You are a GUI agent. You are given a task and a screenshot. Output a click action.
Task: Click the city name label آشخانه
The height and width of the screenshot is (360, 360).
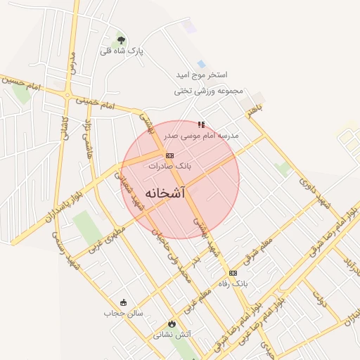point(165,193)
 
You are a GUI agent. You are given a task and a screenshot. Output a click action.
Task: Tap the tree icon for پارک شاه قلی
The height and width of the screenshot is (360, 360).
point(122,40)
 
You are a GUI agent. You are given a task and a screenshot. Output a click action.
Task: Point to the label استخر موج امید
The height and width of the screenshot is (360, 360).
point(203,75)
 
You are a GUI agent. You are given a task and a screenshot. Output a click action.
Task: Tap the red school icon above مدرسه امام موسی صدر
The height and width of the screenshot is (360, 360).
point(202,124)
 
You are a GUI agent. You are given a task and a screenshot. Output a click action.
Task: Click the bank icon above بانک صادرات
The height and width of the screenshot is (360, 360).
point(169,155)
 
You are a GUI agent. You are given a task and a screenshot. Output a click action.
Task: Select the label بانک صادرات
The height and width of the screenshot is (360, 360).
point(169,166)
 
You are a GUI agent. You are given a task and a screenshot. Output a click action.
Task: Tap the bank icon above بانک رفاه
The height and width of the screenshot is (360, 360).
point(233,273)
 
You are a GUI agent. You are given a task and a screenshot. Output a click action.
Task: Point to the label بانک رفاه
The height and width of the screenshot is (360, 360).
point(233,283)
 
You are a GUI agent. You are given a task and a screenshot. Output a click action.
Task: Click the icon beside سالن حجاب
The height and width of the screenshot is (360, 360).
point(124,302)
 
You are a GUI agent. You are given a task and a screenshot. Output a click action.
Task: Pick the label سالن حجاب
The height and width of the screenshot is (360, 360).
point(123,313)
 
